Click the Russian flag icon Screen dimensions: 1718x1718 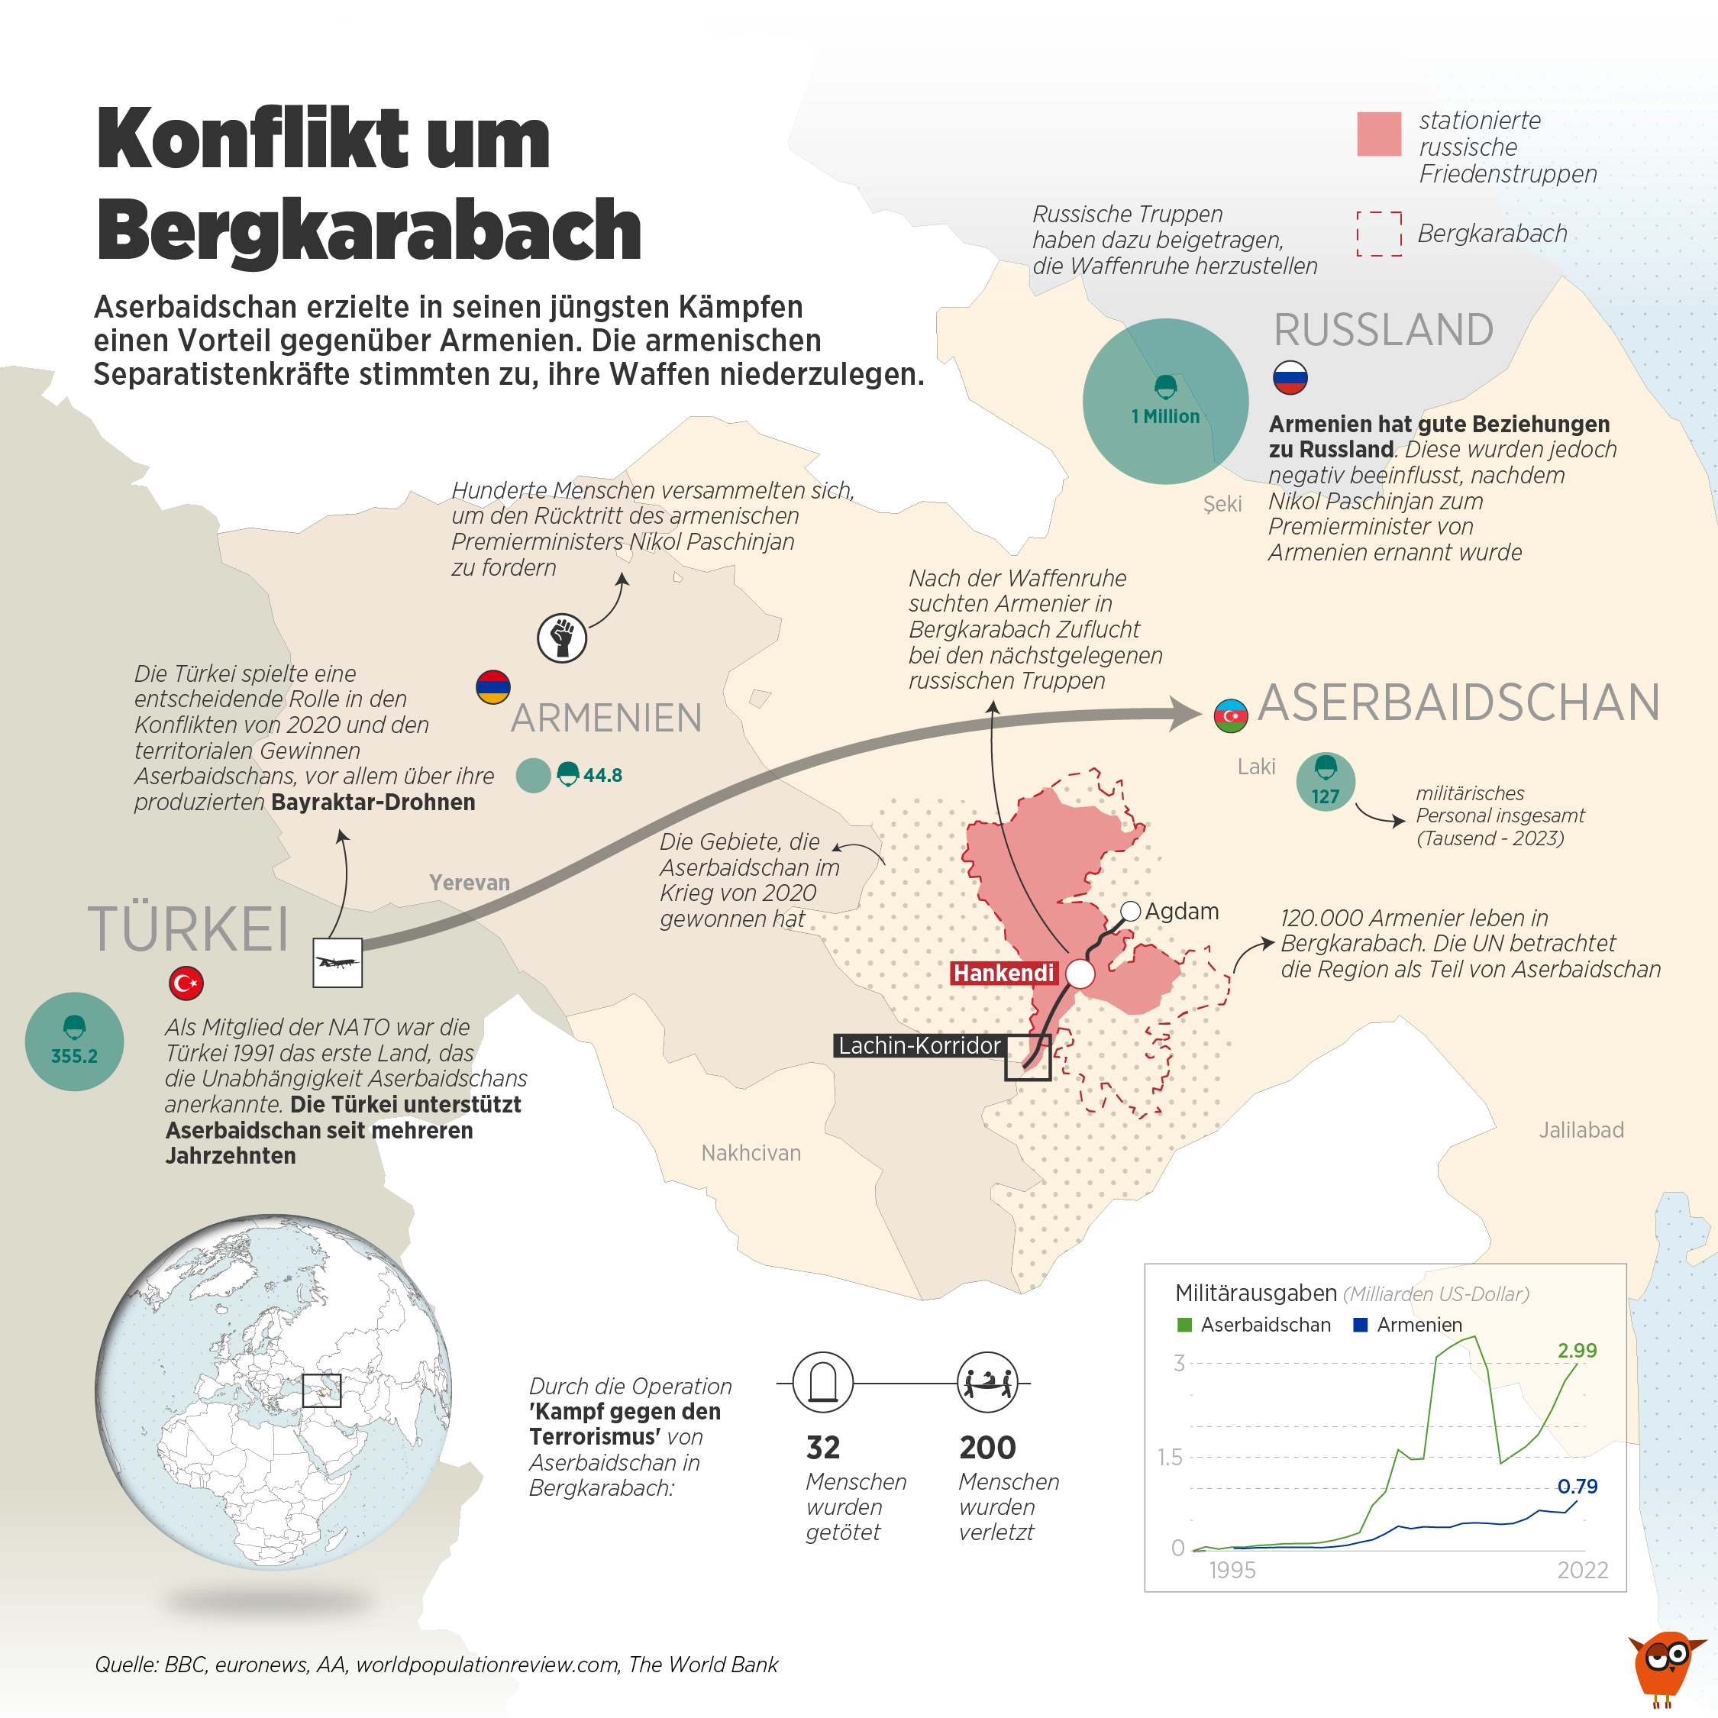point(1290,377)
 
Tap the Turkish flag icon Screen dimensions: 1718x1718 point(186,983)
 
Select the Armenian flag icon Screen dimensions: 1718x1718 point(492,686)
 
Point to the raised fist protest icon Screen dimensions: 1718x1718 point(562,638)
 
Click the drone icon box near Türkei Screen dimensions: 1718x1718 point(337,963)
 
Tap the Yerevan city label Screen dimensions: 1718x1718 point(470,882)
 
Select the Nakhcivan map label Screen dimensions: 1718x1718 point(751,1152)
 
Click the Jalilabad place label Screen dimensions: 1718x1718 point(1581,1129)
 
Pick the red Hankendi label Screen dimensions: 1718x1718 point(1003,973)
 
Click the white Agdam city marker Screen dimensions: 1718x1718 point(1130,911)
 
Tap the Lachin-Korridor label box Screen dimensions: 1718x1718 point(919,1046)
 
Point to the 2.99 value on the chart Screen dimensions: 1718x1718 point(1577,1350)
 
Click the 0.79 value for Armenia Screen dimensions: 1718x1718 point(1577,1486)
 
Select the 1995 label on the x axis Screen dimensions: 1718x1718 point(1232,1570)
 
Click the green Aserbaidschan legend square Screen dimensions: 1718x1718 point(1184,1325)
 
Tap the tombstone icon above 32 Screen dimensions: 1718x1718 point(822,1383)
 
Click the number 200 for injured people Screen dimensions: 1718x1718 point(987,1448)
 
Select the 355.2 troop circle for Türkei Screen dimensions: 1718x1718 point(74,1041)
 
